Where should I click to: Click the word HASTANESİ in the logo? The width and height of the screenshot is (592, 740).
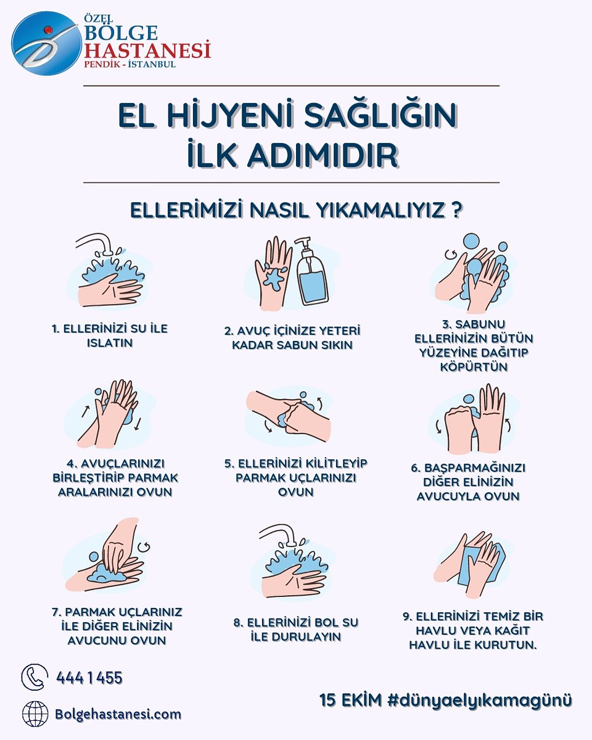point(147,48)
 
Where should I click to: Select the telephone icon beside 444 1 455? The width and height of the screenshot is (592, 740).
point(35,676)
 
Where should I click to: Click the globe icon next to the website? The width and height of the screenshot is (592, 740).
point(35,714)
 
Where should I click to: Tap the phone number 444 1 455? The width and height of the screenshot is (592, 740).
point(89,678)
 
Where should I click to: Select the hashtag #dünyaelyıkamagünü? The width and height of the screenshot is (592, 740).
point(480,700)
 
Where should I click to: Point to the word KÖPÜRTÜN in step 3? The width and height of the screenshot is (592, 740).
point(473,367)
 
